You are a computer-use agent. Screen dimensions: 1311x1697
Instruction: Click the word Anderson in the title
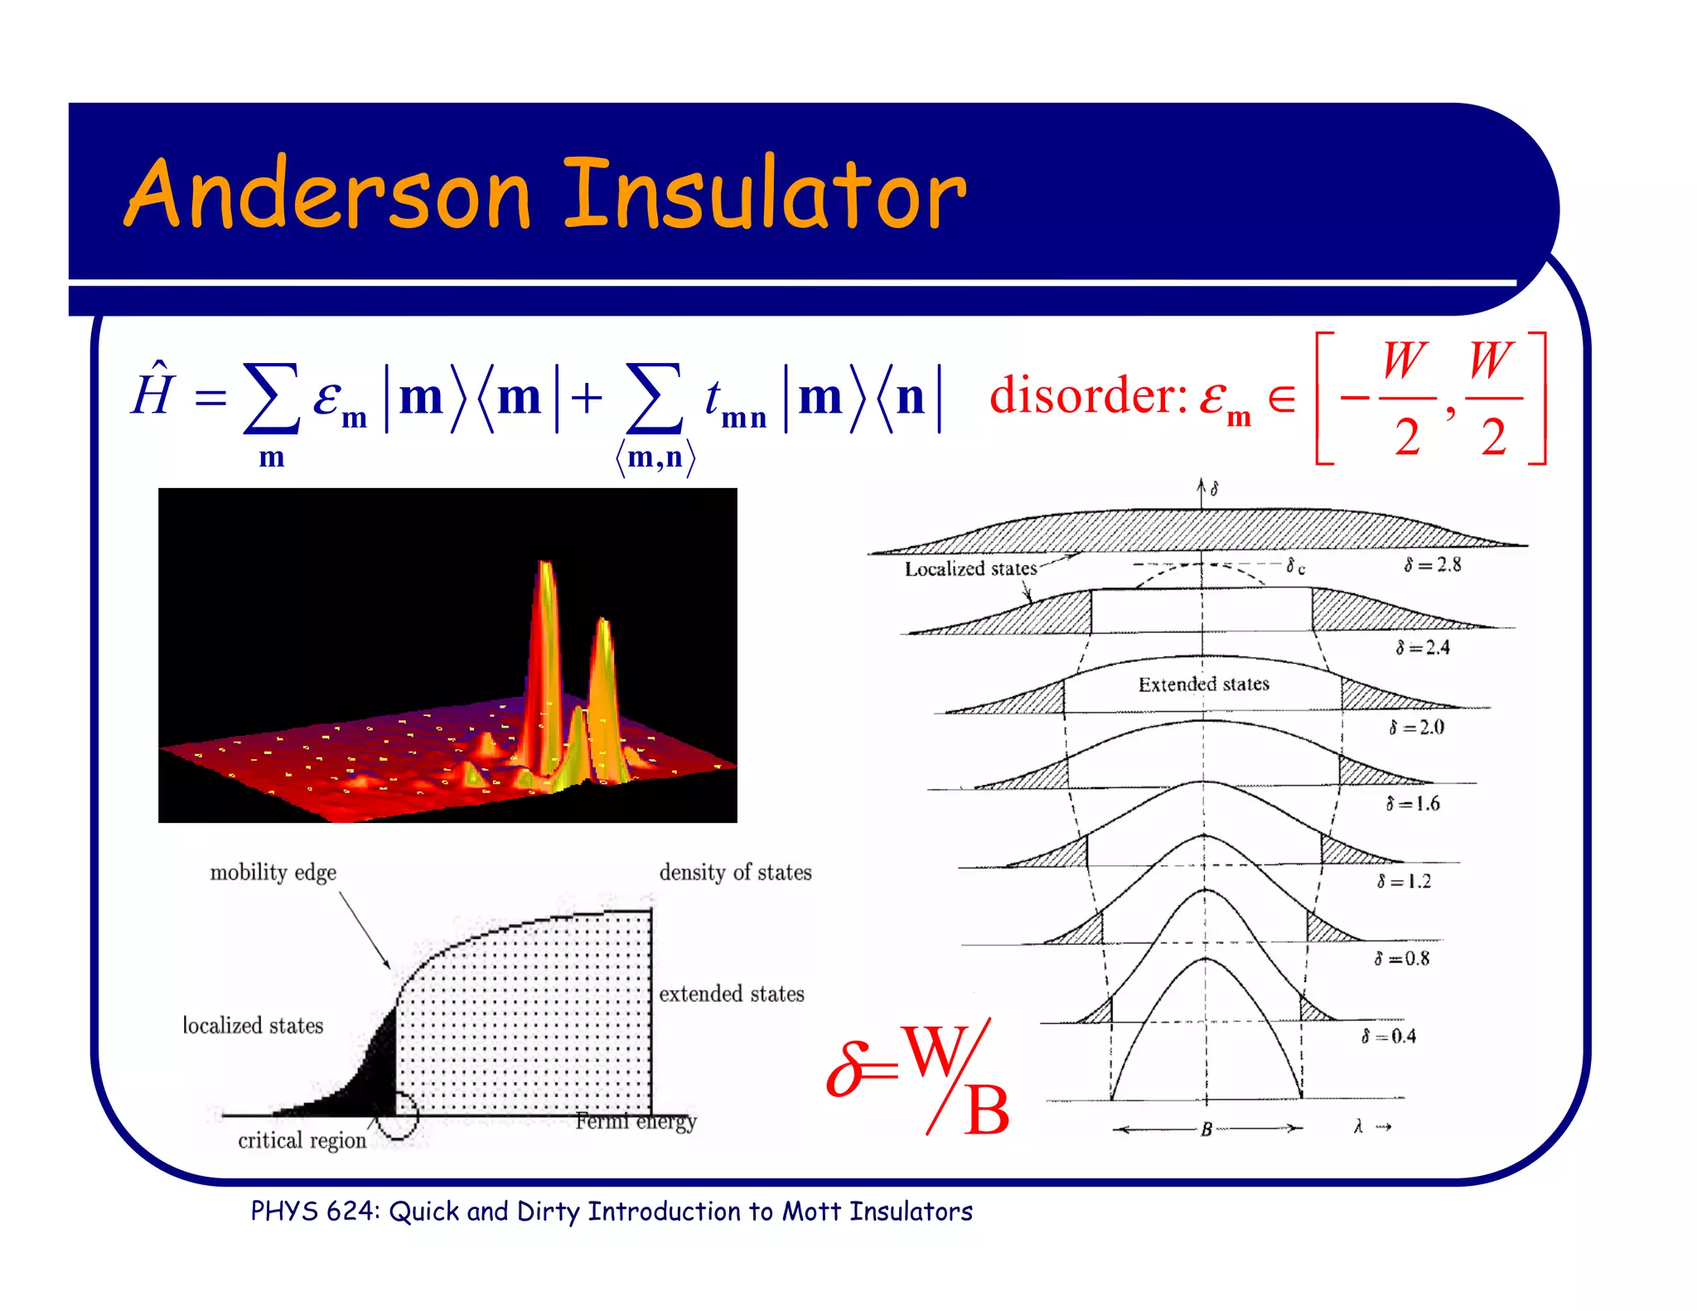coord(328,195)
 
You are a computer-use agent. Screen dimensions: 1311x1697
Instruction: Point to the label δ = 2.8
coord(1433,565)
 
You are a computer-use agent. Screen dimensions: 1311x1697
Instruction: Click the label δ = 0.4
coord(1390,1036)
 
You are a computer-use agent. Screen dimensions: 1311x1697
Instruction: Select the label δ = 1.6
coord(1413,803)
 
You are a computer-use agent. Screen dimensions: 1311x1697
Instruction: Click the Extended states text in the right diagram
coord(1203,684)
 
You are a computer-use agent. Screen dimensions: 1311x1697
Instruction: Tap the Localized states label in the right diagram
coord(970,568)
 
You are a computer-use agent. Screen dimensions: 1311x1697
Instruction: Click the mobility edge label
coord(273,872)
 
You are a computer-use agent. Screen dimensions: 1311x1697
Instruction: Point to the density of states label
coord(735,872)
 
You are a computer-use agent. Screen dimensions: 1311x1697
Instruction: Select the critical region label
coord(302,1140)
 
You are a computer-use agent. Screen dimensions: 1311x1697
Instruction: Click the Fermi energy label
coord(636,1121)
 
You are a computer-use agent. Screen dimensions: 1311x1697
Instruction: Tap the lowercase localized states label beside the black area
coord(253,1026)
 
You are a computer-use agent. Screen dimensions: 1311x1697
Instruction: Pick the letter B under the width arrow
coord(1206,1129)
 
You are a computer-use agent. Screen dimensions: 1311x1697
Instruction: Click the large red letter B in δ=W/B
coord(985,1110)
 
